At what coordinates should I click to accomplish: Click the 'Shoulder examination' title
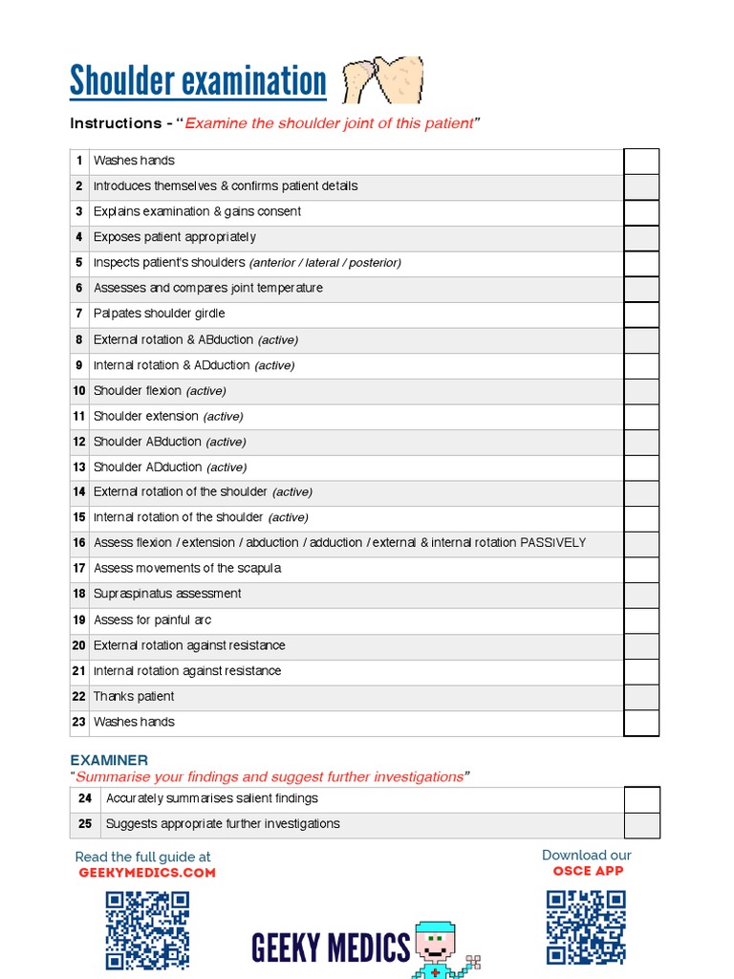(x=198, y=82)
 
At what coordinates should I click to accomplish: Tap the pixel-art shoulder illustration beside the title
(x=382, y=80)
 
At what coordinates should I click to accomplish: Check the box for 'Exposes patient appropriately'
(x=641, y=237)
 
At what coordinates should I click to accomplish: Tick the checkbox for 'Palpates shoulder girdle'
(x=641, y=314)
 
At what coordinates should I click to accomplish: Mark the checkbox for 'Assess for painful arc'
(x=641, y=620)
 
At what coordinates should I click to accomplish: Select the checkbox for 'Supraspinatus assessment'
(x=641, y=594)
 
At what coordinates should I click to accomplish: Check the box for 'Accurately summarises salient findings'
(x=641, y=798)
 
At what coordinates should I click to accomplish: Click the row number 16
(x=79, y=543)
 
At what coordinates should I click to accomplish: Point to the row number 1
(x=79, y=161)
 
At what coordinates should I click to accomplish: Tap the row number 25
(x=85, y=824)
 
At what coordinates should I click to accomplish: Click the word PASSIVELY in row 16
(x=552, y=543)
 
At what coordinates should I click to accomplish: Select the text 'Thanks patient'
(x=134, y=696)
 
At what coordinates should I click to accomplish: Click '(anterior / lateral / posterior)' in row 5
(x=325, y=263)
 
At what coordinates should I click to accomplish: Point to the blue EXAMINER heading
(x=109, y=760)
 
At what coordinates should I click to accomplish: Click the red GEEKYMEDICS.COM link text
(x=146, y=872)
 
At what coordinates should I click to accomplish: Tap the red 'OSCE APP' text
(x=588, y=871)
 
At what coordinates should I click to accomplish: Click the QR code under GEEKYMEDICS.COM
(x=147, y=929)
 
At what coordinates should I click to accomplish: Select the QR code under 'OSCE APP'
(x=586, y=926)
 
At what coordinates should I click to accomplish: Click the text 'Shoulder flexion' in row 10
(x=137, y=390)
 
